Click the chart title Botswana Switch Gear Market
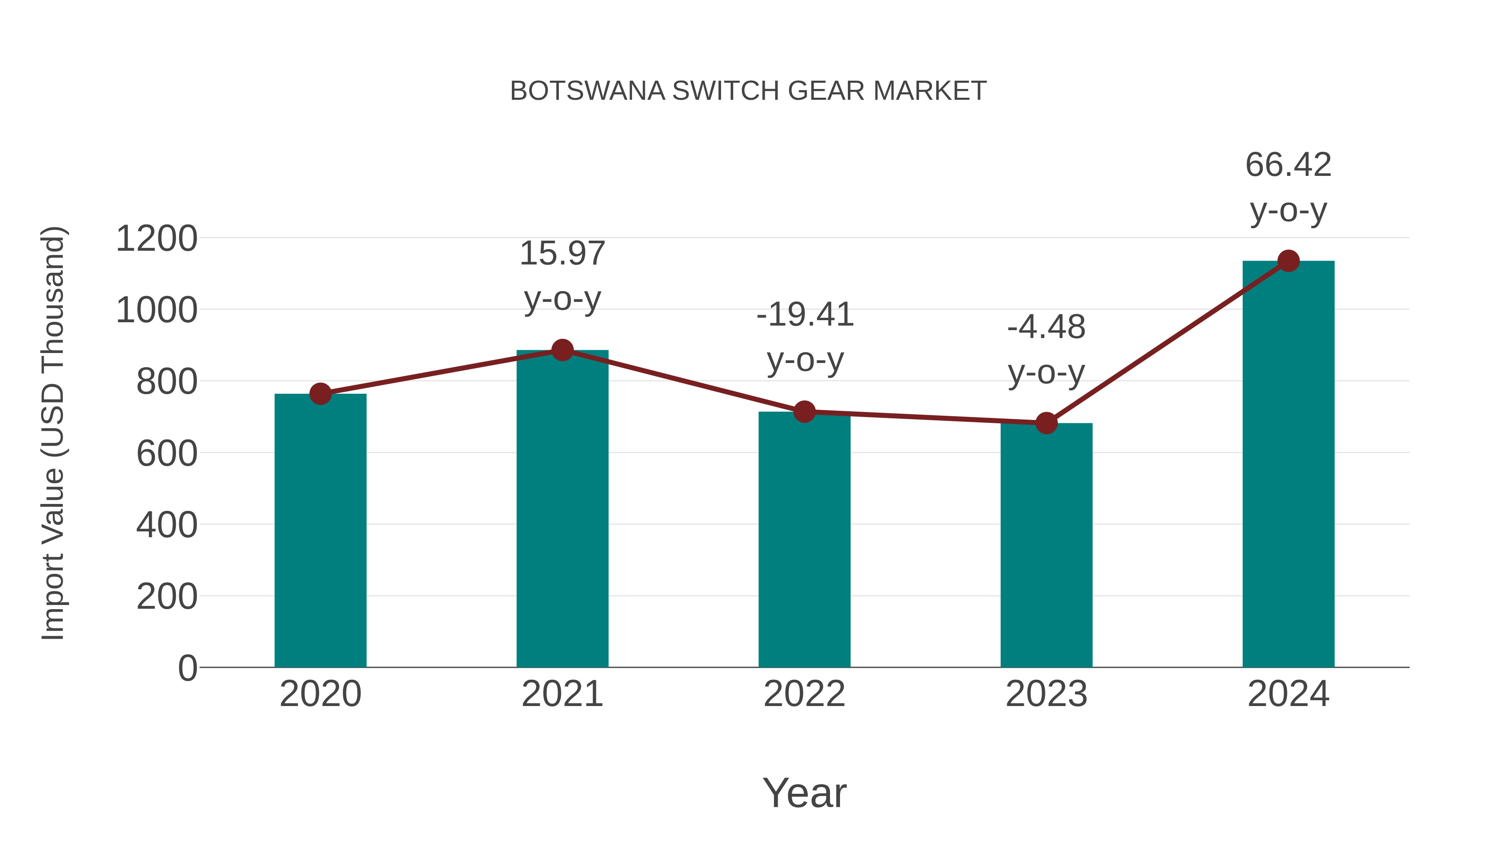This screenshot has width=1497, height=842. coord(748,91)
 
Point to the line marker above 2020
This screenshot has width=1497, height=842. coord(320,394)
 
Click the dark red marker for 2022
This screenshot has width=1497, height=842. coord(804,411)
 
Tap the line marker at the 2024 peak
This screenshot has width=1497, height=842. coord(1288,261)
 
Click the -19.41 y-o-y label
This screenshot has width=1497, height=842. coord(805,337)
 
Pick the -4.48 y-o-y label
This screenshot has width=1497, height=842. coord(1046,349)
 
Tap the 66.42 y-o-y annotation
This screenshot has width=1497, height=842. coord(1288,187)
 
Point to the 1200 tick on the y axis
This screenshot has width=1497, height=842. coord(156,238)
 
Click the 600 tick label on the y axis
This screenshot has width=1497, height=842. coord(166,453)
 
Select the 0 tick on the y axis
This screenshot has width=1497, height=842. coord(187,668)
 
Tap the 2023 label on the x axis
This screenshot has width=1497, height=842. coord(1046,694)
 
